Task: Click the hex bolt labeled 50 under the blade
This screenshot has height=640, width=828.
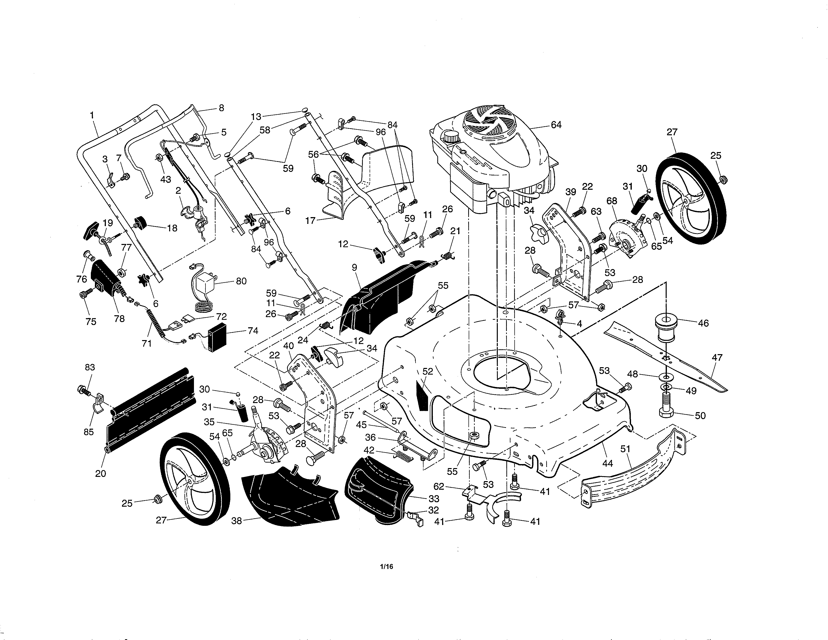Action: click(x=670, y=412)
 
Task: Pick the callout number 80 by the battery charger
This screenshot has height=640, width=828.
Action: click(x=241, y=281)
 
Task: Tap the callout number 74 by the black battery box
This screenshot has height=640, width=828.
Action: click(x=253, y=331)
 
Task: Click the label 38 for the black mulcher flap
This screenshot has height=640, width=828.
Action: click(x=237, y=521)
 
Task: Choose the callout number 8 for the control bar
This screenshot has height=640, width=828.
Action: click(x=221, y=108)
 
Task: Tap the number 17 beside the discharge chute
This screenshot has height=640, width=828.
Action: click(x=311, y=220)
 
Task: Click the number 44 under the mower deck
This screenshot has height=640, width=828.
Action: click(x=607, y=463)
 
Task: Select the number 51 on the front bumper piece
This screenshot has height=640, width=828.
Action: click(x=625, y=449)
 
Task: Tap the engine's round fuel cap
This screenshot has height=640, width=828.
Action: click(x=450, y=135)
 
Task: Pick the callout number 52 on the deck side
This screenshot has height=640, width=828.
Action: click(x=428, y=371)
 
